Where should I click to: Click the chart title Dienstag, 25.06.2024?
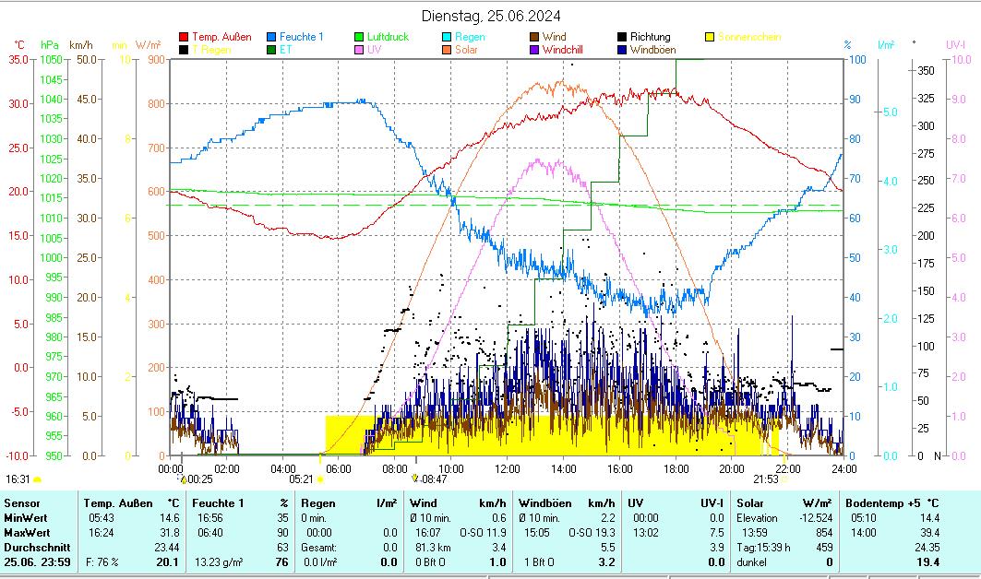coord(490,16)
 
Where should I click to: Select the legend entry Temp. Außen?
coord(221,37)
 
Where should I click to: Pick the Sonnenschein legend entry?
coord(748,37)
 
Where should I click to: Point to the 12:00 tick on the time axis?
coord(508,468)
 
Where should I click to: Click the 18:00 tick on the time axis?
coord(676,468)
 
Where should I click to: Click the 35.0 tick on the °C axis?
coord(18,59)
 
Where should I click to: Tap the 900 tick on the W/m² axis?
coord(154,59)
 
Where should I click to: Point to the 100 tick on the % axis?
coord(857,59)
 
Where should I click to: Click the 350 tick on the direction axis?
coord(926,70)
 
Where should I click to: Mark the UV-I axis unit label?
coord(955,44)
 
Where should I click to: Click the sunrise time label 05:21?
coord(301,479)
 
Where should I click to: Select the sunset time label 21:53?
coord(765,479)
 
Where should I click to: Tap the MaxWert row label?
coord(27,532)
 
